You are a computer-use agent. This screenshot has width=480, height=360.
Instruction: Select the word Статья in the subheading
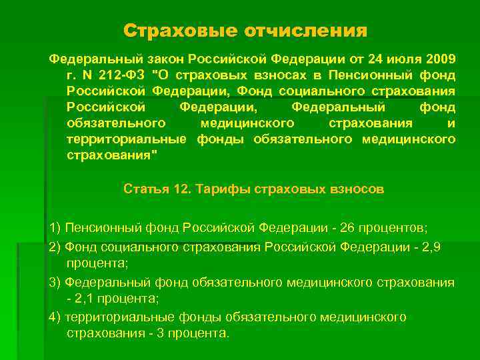click(145, 189)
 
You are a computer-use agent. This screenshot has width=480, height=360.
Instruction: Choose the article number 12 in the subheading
click(180, 189)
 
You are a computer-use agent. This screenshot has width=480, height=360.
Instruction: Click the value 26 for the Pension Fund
click(347, 227)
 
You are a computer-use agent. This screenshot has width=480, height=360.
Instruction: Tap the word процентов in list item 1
click(394, 227)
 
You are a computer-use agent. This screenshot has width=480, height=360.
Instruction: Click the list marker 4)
click(55, 317)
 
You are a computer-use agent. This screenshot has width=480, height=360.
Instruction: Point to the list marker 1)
click(55, 227)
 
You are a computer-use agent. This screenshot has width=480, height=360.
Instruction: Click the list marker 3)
click(55, 282)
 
